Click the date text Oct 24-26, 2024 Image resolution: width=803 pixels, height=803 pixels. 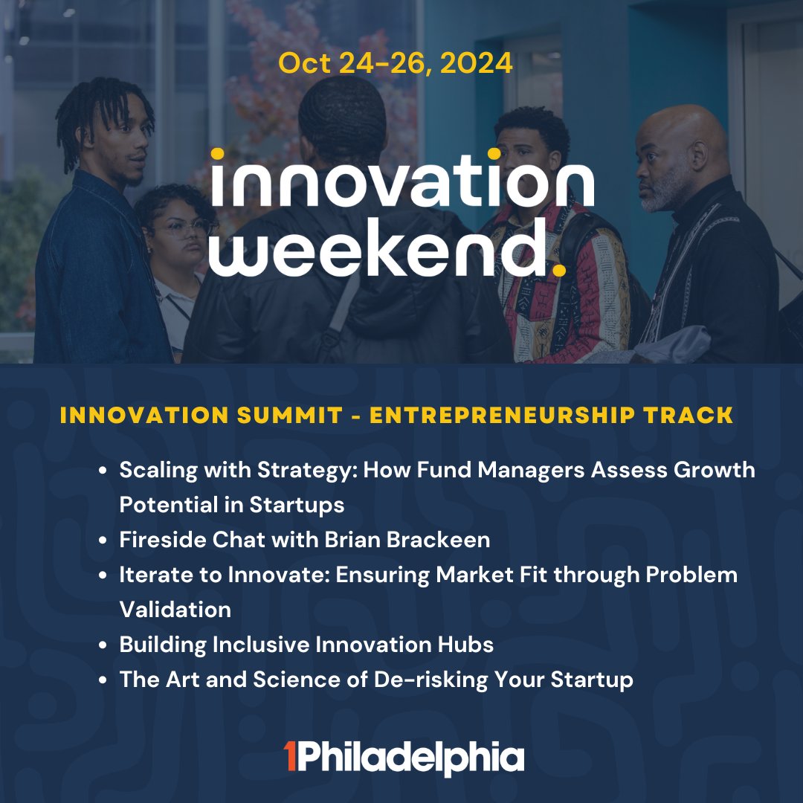pyautogui.click(x=396, y=63)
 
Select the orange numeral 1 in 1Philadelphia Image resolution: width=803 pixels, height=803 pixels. pyautogui.click(x=291, y=757)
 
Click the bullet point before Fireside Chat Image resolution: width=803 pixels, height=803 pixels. pyautogui.click(x=105, y=541)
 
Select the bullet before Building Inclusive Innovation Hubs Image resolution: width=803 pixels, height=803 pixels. pyautogui.click(x=105, y=645)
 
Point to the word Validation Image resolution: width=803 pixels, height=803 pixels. pyautogui.click(x=175, y=609)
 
